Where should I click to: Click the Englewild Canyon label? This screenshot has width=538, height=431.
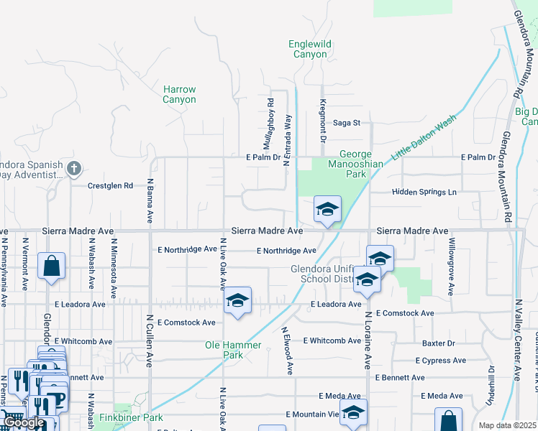tap(310, 49)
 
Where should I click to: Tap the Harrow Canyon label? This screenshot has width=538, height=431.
tap(179, 94)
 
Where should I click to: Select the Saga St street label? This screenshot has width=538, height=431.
tap(345, 123)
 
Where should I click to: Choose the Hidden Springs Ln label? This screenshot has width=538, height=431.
tap(424, 193)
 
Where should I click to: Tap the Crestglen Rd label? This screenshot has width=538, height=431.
tap(110, 185)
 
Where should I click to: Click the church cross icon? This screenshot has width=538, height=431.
tap(73, 169)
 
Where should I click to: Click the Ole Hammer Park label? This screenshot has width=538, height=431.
tap(233, 350)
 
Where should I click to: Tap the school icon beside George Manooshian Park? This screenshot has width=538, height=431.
tap(327, 210)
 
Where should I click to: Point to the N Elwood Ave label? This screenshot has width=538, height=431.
tap(287, 351)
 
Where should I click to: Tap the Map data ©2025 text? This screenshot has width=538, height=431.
tap(507, 425)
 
